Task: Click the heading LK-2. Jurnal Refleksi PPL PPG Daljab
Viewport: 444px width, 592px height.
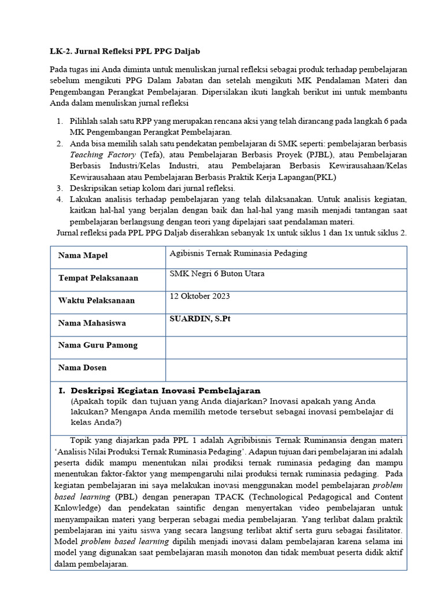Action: point(125,51)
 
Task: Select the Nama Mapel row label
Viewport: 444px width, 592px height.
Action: point(83,256)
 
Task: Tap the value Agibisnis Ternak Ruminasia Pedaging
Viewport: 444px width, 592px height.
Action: point(238,253)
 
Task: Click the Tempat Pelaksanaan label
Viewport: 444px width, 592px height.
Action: point(98,278)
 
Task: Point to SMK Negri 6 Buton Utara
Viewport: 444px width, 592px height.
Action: point(217,274)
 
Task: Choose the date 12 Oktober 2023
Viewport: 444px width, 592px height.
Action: point(199,296)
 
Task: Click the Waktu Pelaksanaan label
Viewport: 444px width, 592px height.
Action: point(97,301)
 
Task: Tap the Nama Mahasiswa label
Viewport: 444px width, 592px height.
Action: point(92,323)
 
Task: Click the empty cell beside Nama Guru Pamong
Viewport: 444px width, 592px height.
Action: point(286,345)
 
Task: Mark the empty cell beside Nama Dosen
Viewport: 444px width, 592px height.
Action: point(286,368)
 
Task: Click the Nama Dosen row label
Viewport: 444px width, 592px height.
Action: point(83,368)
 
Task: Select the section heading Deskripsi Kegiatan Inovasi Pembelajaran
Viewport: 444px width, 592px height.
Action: point(169,390)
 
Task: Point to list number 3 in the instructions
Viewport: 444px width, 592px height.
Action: point(60,188)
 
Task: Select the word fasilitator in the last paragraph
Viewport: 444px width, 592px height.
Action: point(380,530)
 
